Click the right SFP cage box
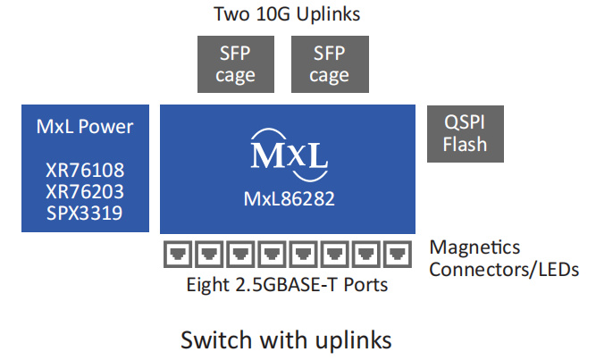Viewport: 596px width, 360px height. [x=328, y=63]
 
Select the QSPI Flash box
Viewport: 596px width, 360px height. [x=464, y=132]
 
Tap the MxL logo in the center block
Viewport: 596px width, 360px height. [x=290, y=151]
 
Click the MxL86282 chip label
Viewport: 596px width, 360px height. [x=290, y=198]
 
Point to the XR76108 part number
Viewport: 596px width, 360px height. [x=85, y=170]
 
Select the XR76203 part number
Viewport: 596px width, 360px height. [x=85, y=190]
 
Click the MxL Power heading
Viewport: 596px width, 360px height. [x=85, y=127]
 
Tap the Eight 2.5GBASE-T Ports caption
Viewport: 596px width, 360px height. [x=288, y=286]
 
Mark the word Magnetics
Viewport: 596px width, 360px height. [x=475, y=247]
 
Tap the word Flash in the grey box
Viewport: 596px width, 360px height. [x=464, y=143]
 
